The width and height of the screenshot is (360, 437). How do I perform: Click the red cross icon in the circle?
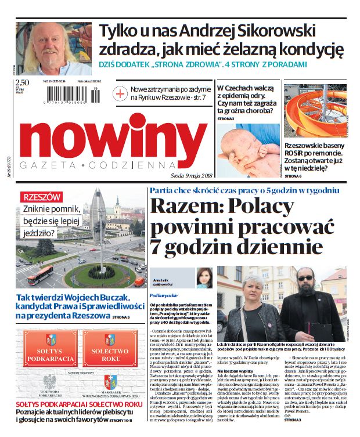[x=120, y=93]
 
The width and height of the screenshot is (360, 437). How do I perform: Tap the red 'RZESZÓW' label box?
[x=41, y=197]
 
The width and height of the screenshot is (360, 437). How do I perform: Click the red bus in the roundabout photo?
[x=40, y=275]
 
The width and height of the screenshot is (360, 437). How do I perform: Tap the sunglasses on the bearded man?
[x=305, y=279]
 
